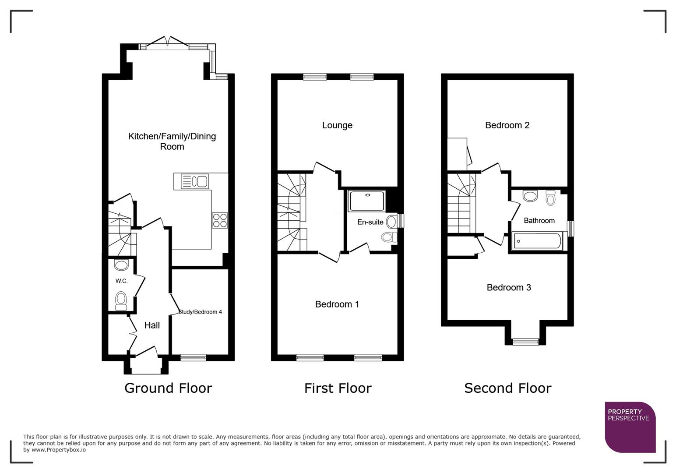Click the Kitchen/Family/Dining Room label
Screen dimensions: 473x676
point(172,141)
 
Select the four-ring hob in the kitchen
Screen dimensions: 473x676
point(220,220)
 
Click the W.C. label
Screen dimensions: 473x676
point(122,281)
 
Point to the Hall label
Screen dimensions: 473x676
point(152,325)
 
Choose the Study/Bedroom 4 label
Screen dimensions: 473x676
point(201,312)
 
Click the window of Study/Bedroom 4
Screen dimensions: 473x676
point(193,357)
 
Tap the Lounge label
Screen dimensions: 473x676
point(337,125)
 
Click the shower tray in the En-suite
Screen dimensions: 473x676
point(367,201)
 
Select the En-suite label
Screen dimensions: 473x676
point(370,222)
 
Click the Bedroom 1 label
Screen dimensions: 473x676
point(337,304)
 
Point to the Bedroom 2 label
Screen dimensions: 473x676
point(507,125)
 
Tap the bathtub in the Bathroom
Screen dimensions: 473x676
point(537,241)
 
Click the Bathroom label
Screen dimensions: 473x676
point(539,220)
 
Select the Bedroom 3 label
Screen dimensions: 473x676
point(509,287)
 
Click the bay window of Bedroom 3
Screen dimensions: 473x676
point(525,342)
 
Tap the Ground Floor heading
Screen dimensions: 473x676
point(168,388)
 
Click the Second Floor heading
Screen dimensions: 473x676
point(507,388)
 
